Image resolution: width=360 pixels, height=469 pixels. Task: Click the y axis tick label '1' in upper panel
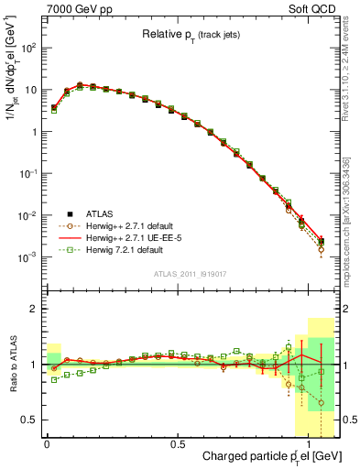[x=34, y=132]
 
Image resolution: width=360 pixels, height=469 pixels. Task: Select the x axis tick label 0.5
[x=178, y=443]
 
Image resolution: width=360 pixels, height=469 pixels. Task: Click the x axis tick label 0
[x=46, y=443]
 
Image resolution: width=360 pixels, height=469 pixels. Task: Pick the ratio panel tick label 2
[x=34, y=309]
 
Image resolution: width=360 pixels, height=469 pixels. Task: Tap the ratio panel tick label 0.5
[x=29, y=420]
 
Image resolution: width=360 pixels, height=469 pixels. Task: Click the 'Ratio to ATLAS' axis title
[x=12, y=365]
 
